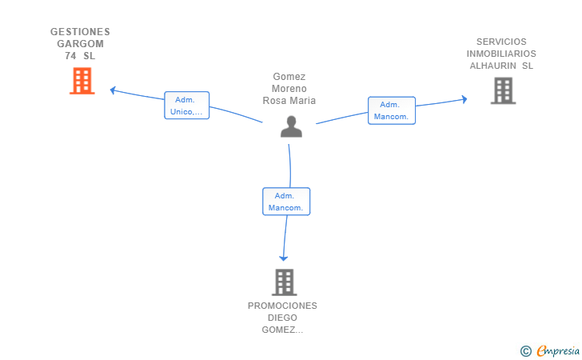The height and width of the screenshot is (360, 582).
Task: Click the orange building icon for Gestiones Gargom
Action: coord(82,81)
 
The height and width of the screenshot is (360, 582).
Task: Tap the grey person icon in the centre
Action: coord(291,126)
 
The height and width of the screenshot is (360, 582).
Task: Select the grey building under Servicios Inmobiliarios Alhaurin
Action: coord(504,90)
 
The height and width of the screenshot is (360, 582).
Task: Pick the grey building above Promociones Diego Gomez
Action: coord(285,282)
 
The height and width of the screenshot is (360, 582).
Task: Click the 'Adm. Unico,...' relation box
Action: coord(187,106)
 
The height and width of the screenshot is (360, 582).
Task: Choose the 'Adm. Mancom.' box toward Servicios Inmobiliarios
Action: coord(392,110)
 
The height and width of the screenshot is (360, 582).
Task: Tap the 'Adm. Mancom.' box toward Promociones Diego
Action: coord(286,202)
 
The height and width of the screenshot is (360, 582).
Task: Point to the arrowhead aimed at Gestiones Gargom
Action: coord(113,90)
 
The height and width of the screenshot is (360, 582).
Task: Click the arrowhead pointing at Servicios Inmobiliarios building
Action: coord(464,99)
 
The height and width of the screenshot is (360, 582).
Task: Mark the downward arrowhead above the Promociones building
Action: coord(284,258)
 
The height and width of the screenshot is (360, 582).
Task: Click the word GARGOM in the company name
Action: coord(80,44)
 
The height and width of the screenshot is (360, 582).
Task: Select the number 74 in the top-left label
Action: coord(70,56)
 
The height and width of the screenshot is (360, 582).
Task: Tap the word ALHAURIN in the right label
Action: coord(493,66)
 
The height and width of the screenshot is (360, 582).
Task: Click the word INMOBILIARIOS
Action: coord(501,54)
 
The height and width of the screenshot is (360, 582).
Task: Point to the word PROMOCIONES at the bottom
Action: coord(282,306)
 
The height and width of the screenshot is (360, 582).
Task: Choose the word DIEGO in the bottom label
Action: coord(282,318)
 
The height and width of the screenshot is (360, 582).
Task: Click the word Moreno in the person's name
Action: coord(289,89)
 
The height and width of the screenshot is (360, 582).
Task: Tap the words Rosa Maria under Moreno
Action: coord(289,101)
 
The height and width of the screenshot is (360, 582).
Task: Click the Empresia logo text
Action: coord(558,350)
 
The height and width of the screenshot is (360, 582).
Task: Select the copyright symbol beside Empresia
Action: coord(526,351)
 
